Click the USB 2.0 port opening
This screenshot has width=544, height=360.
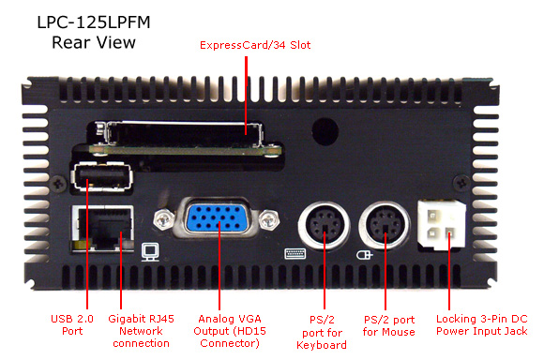(x=102, y=175)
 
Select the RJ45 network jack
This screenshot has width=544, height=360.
(x=102, y=228)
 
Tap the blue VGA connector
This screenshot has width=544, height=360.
(x=216, y=218)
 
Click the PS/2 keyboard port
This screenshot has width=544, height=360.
(x=324, y=226)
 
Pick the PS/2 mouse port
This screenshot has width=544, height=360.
(x=385, y=225)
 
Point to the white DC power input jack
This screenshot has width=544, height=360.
(x=442, y=224)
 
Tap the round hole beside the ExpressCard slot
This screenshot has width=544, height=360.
(x=325, y=131)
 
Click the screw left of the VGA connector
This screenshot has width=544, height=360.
(x=163, y=220)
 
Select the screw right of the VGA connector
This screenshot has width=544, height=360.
(x=268, y=220)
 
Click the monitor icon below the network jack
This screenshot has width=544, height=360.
(x=151, y=252)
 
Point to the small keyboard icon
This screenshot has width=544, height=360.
(x=295, y=253)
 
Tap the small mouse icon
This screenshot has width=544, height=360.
(x=364, y=255)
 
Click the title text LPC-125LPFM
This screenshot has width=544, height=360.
(x=94, y=22)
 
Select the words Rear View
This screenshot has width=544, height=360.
(x=94, y=43)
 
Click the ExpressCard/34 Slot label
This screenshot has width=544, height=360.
(x=255, y=45)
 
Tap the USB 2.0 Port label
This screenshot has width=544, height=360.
(x=72, y=324)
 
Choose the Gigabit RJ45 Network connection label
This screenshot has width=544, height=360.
(x=141, y=331)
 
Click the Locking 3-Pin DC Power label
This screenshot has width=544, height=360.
(x=482, y=325)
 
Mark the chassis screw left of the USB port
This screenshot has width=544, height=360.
(x=59, y=183)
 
